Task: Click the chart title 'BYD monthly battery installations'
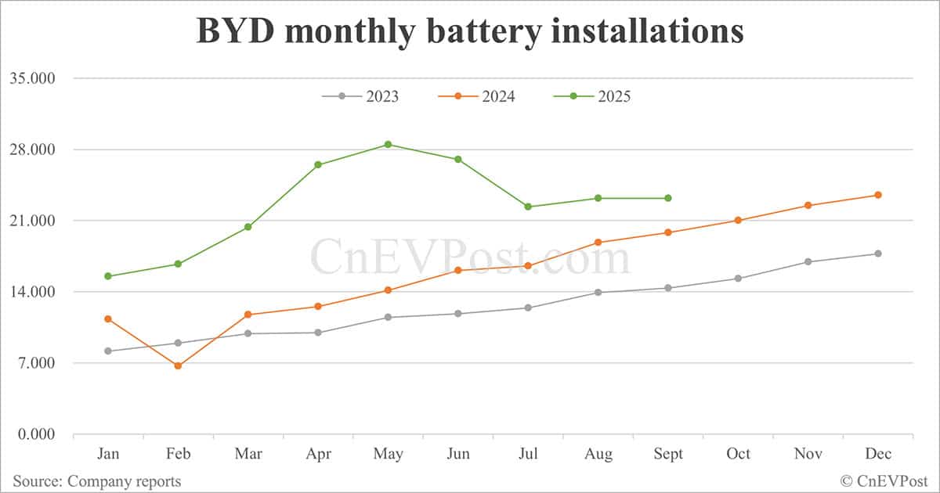(469, 31)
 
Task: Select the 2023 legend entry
(360, 96)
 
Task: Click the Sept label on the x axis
(667, 454)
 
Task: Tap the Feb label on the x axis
(178, 454)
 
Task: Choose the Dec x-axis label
(877, 454)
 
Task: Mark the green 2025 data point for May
(388, 144)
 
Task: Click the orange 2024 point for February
(178, 365)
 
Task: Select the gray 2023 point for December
(878, 254)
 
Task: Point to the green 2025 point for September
(668, 198)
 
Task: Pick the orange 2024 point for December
(878, 195)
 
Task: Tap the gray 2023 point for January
(108, 351)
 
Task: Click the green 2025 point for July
(528, 207)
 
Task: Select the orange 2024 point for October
(738, 220)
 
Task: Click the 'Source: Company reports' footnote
(96, 480)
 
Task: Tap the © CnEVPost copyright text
(884, 480)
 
